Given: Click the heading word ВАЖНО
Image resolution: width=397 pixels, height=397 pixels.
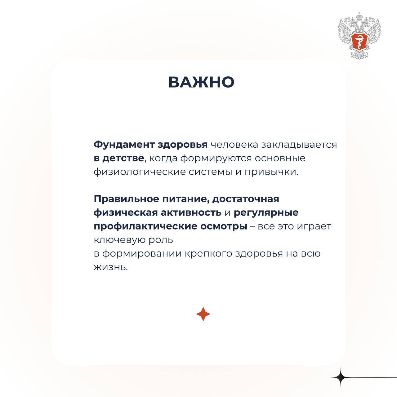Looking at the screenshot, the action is [x=201, y=83].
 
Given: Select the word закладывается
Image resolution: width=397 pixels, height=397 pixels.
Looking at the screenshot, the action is [x=299, y=145].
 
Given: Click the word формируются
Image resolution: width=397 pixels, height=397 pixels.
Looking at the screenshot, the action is [x=216, y=158].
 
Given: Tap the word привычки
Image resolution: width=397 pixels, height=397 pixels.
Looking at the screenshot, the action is [x=271, y=172].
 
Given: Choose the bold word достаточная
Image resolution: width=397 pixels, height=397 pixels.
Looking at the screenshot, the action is [x=246, y=199].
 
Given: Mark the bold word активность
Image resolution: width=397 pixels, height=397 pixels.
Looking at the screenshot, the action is [x=191, y=213].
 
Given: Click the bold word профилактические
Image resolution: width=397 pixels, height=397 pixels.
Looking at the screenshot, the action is [x=145, y=226].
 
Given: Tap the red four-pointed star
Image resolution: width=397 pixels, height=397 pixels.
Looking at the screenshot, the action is [x=203, y=314].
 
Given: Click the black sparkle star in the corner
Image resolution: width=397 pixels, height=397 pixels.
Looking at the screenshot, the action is [x=341, y=377].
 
